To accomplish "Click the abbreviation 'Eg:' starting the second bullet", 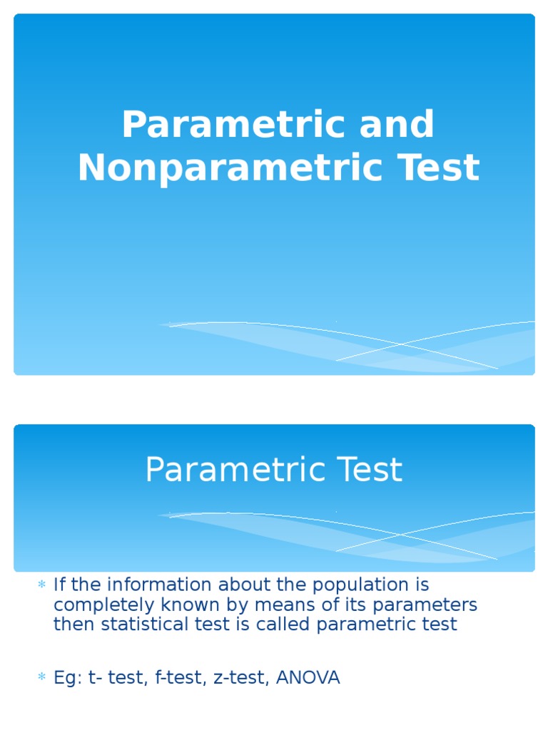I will (68, 678).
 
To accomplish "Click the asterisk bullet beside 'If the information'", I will (41, 585).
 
